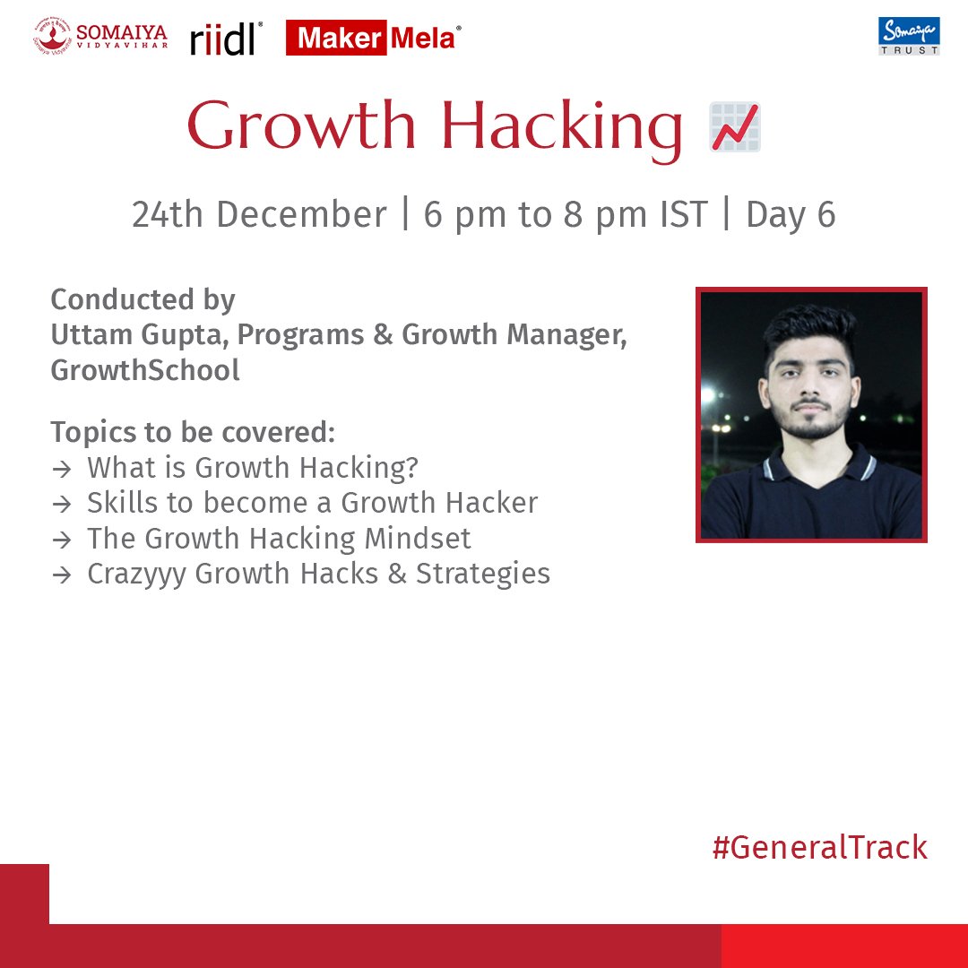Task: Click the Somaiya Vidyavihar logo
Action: tap(100, 37)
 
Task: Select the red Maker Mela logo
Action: tap(373, 39)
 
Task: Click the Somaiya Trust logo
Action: tap(909, 37)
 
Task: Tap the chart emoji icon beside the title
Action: tap(735, 126)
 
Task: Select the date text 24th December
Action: tap(259, 215)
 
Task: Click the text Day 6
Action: tap(791, 215)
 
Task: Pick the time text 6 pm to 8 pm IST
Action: tap(566, 215)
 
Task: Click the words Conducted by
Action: tap(143, 299)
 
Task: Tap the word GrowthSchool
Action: tap(145, 370)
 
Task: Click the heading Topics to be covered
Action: tap(193, 432)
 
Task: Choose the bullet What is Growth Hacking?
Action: tap(253, 467)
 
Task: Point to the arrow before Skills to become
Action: tap(61, 504)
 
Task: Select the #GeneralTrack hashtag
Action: tap(819, 847)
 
